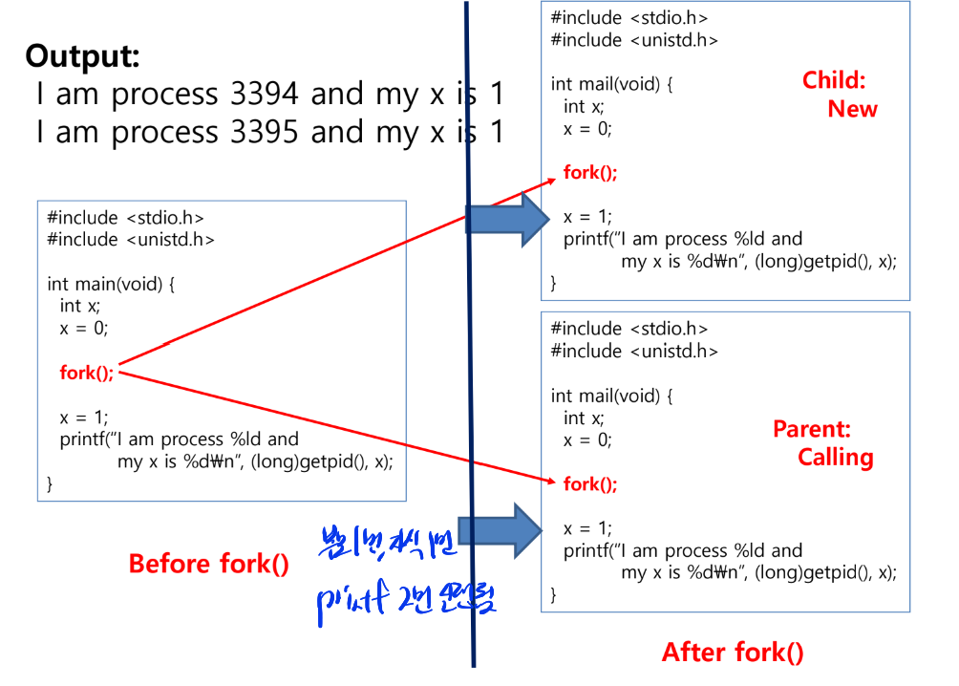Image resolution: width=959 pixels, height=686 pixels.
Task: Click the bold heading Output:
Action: click(x=83, y=55)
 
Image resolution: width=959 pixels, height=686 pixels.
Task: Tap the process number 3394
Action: click(x=265, y=94)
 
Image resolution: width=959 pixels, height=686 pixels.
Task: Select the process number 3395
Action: click(x=265, y=132)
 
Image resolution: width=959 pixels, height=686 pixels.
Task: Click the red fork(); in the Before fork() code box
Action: click(x=86, y=373)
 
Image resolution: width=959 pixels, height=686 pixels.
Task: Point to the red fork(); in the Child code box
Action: click(x=590, y=173)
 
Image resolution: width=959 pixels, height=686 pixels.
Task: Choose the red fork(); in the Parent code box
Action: click(x=590, y=484)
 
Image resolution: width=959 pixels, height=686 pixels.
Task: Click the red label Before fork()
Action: click(x=208, y=564)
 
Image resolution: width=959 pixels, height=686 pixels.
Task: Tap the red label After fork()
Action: click(x=733, y=653)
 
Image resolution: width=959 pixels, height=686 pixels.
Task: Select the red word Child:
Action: click(x=834, y=80)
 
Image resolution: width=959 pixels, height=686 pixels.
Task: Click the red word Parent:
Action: click(x=812, y=429)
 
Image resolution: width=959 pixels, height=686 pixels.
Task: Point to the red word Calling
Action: click(x=836, y=458)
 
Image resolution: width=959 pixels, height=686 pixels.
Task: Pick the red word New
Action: click(x=852, y=109)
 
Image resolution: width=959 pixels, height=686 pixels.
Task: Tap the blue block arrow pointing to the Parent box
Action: click(x=499, y=529)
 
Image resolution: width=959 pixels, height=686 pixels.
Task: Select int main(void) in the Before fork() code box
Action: click(x=112, y=284)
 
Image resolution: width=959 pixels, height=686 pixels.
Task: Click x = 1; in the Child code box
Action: click(x=587, y=216)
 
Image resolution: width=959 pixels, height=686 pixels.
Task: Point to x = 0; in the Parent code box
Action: click(x=587, y=440)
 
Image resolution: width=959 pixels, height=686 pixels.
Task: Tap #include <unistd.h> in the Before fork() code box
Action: click(x=131, y=240)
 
